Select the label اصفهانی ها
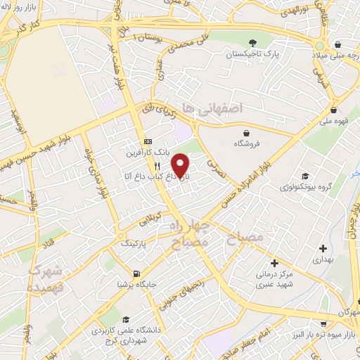221,108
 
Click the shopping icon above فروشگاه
246,132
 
